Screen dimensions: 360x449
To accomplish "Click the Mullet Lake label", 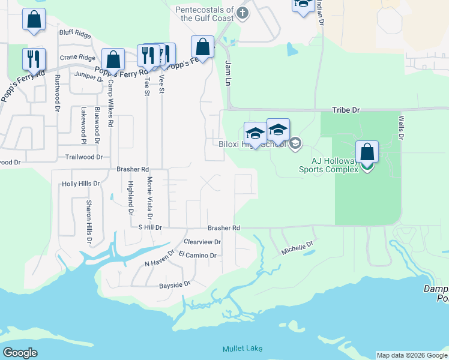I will [x=241, y=349].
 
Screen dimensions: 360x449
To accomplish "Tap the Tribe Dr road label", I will [x=346, y=110].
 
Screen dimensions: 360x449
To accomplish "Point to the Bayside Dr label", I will [x=175, y=284].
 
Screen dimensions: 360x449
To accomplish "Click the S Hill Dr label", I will [x=150, y=228].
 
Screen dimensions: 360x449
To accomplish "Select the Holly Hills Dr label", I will [x=81, y=184].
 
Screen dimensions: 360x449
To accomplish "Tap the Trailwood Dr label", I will [x=84, y=157].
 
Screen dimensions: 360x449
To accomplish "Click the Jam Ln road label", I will [x=228, y=73].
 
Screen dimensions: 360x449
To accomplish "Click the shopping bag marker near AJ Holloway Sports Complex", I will [x=367, y=152].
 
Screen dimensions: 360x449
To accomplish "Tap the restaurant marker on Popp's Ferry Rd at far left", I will [x=34, y=59].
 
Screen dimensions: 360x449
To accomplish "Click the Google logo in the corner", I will [x=20, y=353].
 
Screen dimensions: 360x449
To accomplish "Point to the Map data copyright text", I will [x=412, y=355].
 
